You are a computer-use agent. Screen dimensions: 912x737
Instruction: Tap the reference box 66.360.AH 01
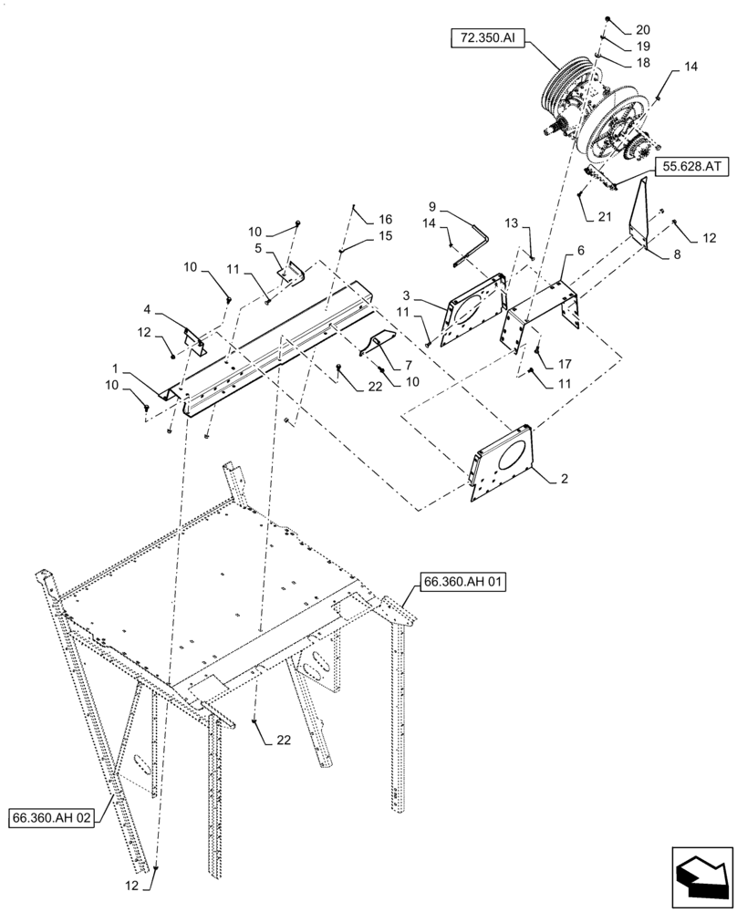pos(462,580)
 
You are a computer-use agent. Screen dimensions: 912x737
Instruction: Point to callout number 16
pos(385,219)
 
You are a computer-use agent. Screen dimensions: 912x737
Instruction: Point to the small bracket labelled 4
pos(195,340)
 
